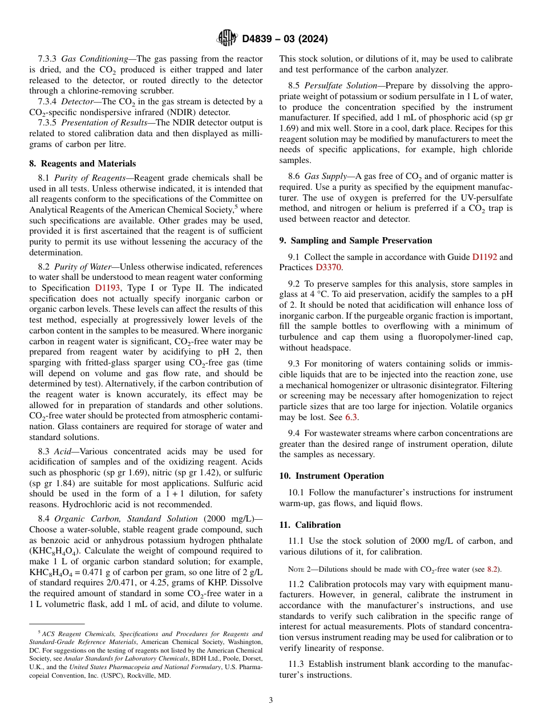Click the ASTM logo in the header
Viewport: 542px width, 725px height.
coord(226,38)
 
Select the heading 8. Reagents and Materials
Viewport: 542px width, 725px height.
coord(82,164)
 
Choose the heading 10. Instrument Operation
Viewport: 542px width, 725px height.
coord(331,476)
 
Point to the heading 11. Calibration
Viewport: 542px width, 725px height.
coord(310,525)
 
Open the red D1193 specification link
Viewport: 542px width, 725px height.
coord(107,288)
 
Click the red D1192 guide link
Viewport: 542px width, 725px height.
coord(484,257)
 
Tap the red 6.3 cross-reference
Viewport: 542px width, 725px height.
coord(351,417)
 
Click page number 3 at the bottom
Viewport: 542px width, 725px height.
coord(271,700)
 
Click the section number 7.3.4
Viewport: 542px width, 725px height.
coord(47,101)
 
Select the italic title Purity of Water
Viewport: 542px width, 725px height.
coord(80,267)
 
